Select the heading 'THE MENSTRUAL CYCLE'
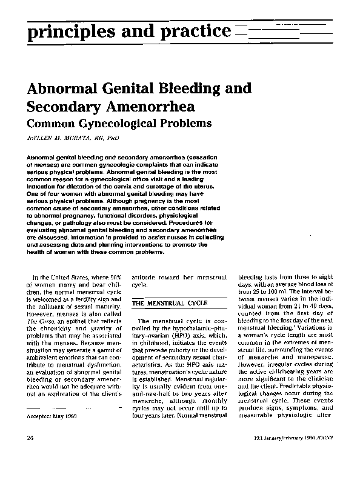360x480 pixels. click(x=170, y=302)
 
